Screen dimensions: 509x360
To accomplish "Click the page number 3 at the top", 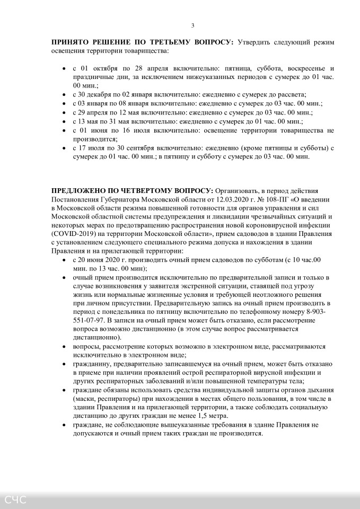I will point(192,25).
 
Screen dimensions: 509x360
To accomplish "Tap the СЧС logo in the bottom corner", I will point(16,499).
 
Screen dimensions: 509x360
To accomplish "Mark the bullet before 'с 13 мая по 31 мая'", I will point(64,121).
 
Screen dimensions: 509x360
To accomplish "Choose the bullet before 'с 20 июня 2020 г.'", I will point(64,260).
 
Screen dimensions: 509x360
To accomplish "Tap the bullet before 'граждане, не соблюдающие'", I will point(64,425).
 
